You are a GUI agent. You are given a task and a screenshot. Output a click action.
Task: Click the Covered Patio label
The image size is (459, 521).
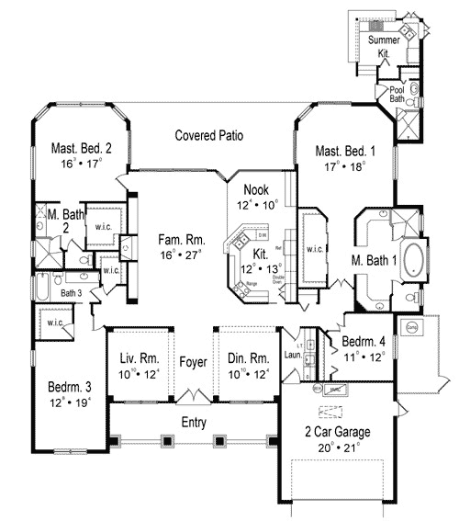pyautogui.click(x=209, y=136)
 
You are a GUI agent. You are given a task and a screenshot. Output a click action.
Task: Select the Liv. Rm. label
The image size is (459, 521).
pyautogui.click(x=137, y=359)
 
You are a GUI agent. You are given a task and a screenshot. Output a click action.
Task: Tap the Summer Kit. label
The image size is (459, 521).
pyautogui.click(x=384, y=48)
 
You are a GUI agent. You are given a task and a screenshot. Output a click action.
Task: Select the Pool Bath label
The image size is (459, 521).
pyautogui.click(x=397, y=95)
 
